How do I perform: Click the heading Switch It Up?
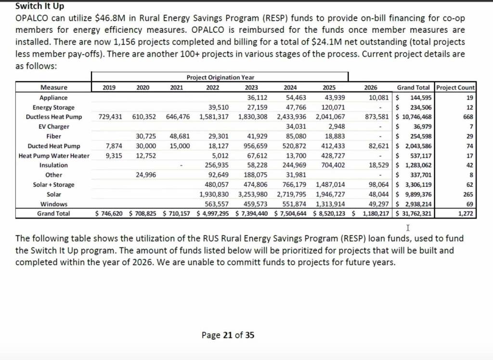tap(39, 7)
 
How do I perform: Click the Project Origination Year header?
tap(220, 77)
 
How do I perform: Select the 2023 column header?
tap(251, 88)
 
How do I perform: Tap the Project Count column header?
tap(455, 88)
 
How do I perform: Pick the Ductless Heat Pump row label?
tap(54, 117)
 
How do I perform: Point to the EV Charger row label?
tap(54, 127)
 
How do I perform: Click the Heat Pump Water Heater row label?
tap(54, 155)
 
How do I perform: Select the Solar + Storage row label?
tap(54, 184)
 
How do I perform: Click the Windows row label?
tap(54, 204)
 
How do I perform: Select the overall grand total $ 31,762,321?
tap(414, 214)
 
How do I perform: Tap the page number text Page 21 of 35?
tap(228, 335)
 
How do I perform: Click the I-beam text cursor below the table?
tap(408, 227)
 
